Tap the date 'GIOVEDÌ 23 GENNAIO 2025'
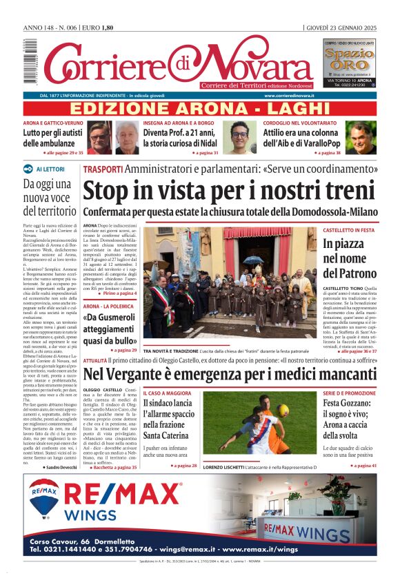coord(341,28)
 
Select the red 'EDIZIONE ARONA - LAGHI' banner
coord(200,109)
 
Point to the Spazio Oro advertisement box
coord(350,63)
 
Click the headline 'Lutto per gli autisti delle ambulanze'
coord(52,138)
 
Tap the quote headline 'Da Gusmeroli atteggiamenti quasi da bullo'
coord(110,329)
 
